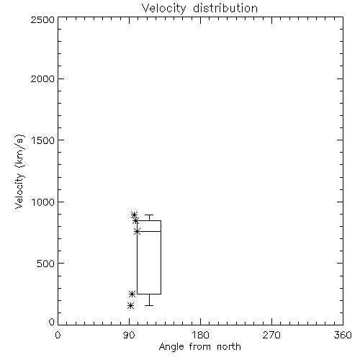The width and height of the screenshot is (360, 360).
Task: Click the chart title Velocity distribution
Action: tap(199, 8)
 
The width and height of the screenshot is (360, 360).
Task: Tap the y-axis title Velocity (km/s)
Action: tap(19, 171)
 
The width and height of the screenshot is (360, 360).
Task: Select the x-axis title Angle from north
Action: tap(199, 347)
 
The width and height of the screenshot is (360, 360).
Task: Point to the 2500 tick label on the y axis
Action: tap(42, 19)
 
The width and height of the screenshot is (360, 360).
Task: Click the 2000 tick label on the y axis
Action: tap(42, 78)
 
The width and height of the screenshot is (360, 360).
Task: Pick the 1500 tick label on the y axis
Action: tap(43, 140)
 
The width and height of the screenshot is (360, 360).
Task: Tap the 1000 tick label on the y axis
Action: tap(43, 202)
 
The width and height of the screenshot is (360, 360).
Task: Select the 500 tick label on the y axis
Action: tap(45, 264)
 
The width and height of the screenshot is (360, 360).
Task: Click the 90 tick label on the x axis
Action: tap(129, 335)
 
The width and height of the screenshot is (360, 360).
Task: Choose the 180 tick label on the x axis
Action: tap(200, 335)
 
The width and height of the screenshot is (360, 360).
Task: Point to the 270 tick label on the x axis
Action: tap(271, 335)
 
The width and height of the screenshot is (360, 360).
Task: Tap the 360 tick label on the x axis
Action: tap(343, 335)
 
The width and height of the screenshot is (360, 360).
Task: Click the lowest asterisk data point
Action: tap(130, 305)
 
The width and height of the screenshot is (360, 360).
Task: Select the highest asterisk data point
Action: tap(135, 215)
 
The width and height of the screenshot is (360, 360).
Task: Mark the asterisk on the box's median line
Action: tap(138, 231)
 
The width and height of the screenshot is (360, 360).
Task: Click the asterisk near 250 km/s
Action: tap(132, 294)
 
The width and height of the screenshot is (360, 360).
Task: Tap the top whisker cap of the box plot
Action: tap(149, 215)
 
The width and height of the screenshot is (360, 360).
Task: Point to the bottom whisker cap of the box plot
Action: tap(149, 305)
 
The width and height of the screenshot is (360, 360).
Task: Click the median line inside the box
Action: tap(149, 231)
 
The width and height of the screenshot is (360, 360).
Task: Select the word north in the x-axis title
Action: tap(229, 347)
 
